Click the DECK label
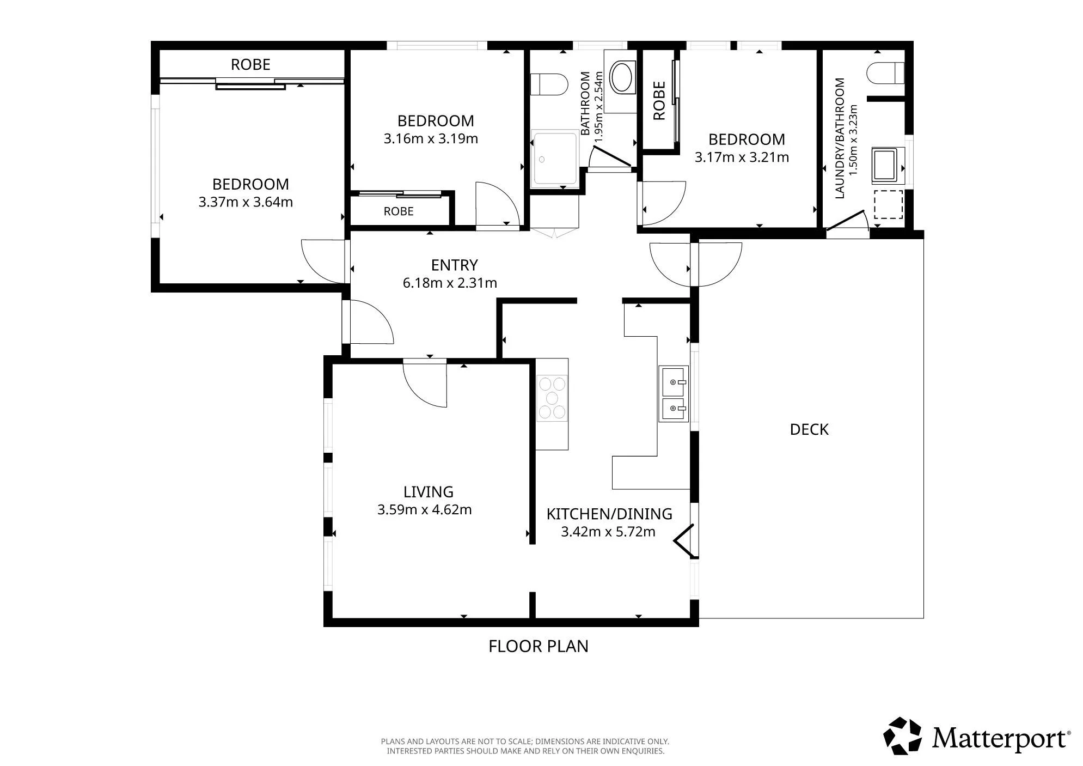[809, 429]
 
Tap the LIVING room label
[428, 492]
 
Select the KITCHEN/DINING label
[609, 514]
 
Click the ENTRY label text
[454, 265]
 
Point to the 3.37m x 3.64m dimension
[246, 202]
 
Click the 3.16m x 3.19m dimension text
[431, 139]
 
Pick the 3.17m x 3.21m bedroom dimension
[742, 157]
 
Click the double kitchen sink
[674, 393]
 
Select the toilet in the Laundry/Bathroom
[885, 73]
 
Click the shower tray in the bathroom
[555, 158]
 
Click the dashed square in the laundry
[888, 204]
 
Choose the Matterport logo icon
[902, 736]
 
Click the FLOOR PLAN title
[539, 646]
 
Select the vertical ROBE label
[659, 101]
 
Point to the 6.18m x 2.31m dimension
[450, 283]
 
